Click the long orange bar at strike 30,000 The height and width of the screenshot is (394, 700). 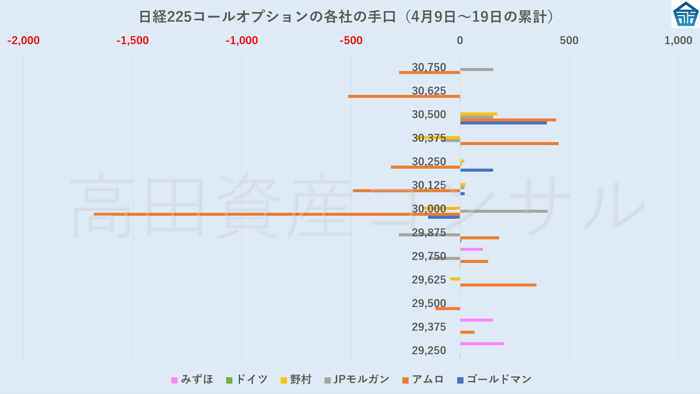click(x=277, y=214)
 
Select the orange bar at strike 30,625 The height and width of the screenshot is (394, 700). click(x=404, y=96)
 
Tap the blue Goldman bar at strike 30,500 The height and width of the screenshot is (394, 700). click(x=503, y=123)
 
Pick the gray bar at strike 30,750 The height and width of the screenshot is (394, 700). click(x=477, y=69)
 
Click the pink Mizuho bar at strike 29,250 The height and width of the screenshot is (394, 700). click(x=482, y=344)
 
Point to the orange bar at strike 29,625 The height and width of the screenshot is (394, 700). click(x=498, y=285)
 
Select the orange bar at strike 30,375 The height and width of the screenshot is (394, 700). click(x=509, y=143)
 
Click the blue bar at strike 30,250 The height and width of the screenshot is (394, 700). click(x=477, y=170)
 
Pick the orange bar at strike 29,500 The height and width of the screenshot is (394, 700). click(x=448, y=308)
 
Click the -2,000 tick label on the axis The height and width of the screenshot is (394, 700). click(x=24, y=41)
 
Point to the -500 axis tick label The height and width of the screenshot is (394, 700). click(x=351, y=41)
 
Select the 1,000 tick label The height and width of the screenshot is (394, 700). click(x=678, y=41)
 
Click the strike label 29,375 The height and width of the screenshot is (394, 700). click(x=429, y=327)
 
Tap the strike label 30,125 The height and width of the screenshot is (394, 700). click(x=429, y=185)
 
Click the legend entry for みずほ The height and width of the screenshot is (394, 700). click(x=192, y=379)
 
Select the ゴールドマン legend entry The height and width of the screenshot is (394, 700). click(x=494, y=379)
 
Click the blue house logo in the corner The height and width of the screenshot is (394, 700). click(x=685, y=14)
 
